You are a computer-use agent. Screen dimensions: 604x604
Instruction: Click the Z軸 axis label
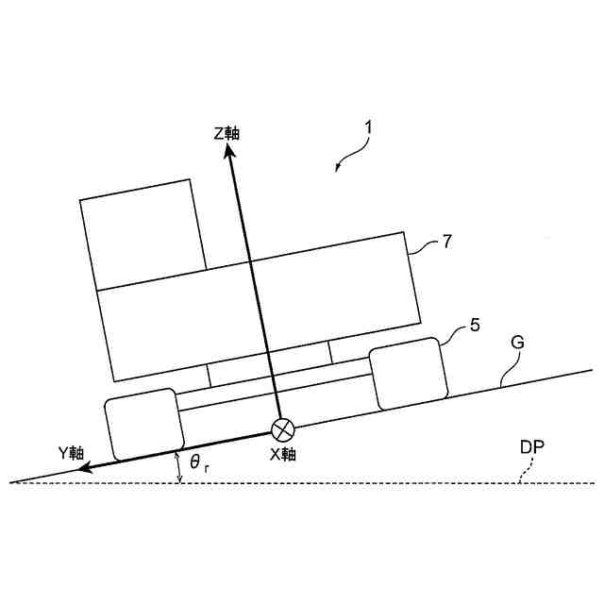click(226, 133)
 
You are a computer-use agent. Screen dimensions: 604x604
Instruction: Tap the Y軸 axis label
click(72, 452)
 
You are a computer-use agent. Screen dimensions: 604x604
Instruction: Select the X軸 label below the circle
click(283, 454)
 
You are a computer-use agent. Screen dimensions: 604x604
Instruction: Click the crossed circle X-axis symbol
click(282, 430)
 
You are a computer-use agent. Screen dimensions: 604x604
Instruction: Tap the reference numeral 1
click(369, 124)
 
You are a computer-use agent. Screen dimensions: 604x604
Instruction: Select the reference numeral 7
click(448, 242)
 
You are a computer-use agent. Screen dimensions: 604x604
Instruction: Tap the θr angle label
click(197, 462)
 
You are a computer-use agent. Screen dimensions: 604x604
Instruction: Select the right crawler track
click(408, 374)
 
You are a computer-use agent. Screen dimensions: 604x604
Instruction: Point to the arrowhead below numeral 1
click(339, 169)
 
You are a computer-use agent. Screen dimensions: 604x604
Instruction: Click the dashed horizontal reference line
click(377, 482)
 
